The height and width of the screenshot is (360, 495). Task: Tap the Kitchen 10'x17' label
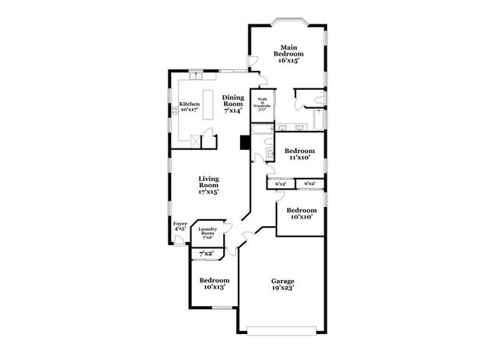point(190,107)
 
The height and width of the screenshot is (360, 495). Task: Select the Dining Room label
point(233,104)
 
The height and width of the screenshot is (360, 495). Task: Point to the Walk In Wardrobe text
point(262,104)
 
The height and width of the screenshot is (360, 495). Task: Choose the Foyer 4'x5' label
point(180,227)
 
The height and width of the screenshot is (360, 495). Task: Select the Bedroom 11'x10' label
point(299,155)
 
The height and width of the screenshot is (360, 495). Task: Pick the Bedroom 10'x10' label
point(301,214)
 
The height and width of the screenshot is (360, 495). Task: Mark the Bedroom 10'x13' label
point(213,284)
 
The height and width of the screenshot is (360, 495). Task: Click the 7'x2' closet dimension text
point(206,253)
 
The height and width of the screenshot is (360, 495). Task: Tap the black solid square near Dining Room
point(245,142)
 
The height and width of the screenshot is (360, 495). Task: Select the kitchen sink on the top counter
point(196,75)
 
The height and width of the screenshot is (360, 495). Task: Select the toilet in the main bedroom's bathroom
point(320,98)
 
